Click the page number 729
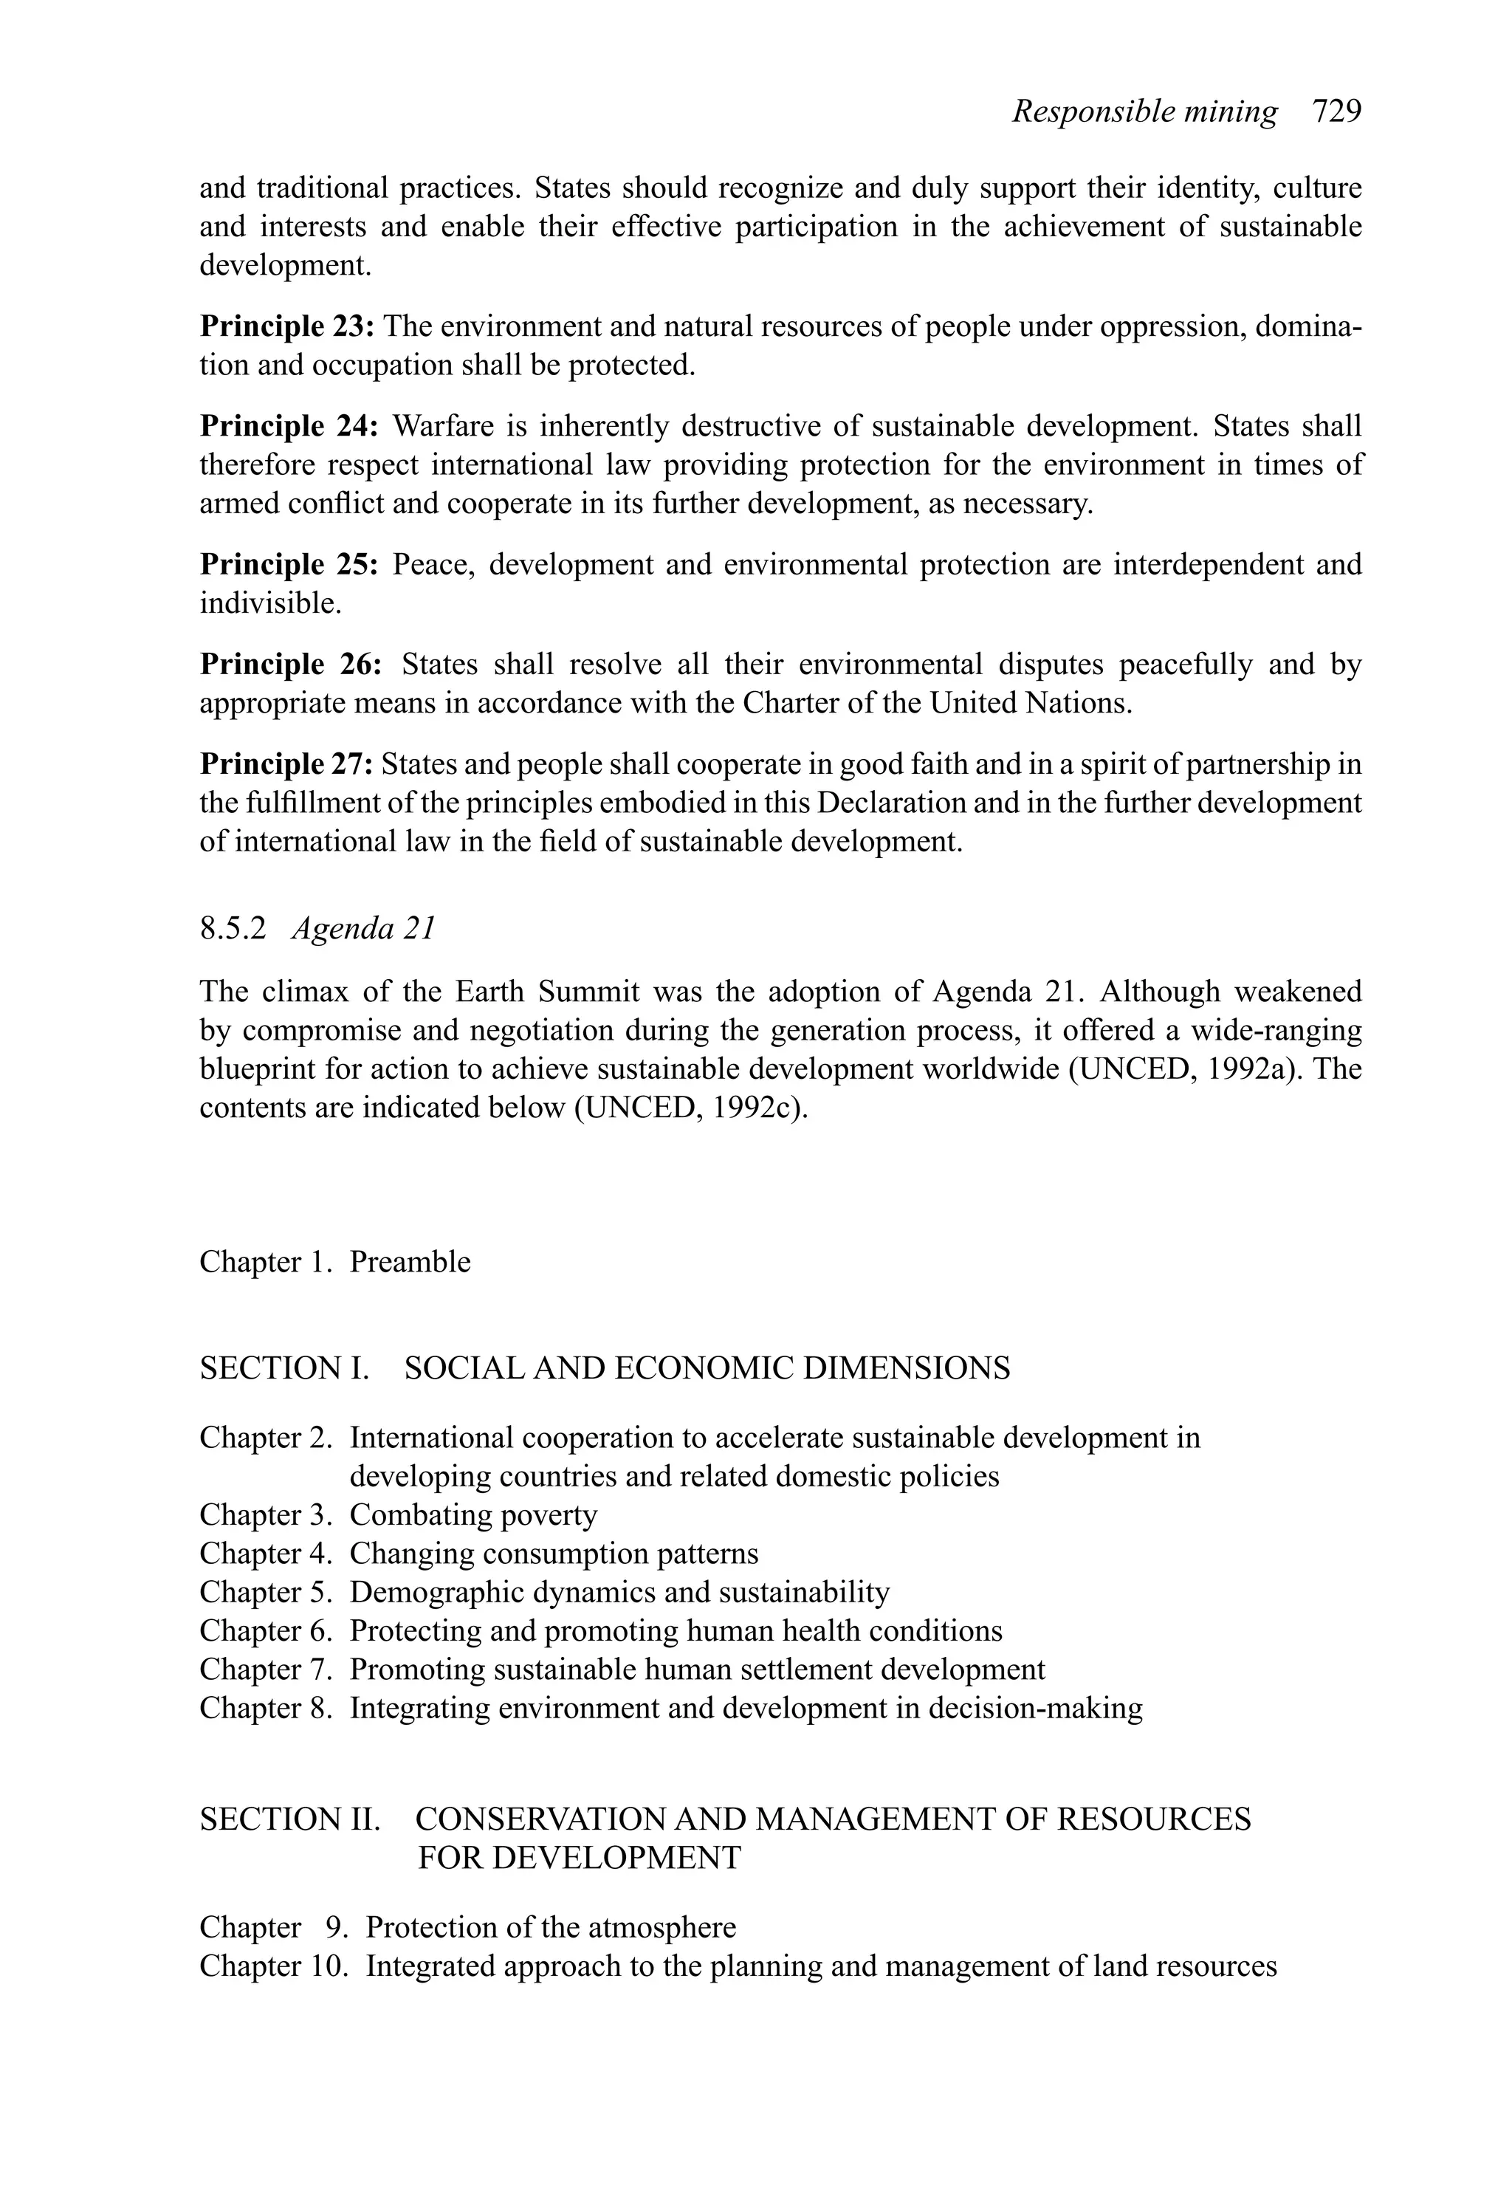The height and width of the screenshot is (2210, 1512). [x=1336, y=111]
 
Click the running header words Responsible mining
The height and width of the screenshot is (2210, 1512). [x=1144, y=111]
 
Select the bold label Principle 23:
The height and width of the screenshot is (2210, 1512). [x=287, y=326]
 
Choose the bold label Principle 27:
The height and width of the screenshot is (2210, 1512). [x=286, y=763]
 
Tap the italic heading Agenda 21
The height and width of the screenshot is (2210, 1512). [x=363, y=927]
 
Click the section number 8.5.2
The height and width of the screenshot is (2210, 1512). [x=233, y=927]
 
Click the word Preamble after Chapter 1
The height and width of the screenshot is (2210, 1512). [x=410, y=1261]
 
